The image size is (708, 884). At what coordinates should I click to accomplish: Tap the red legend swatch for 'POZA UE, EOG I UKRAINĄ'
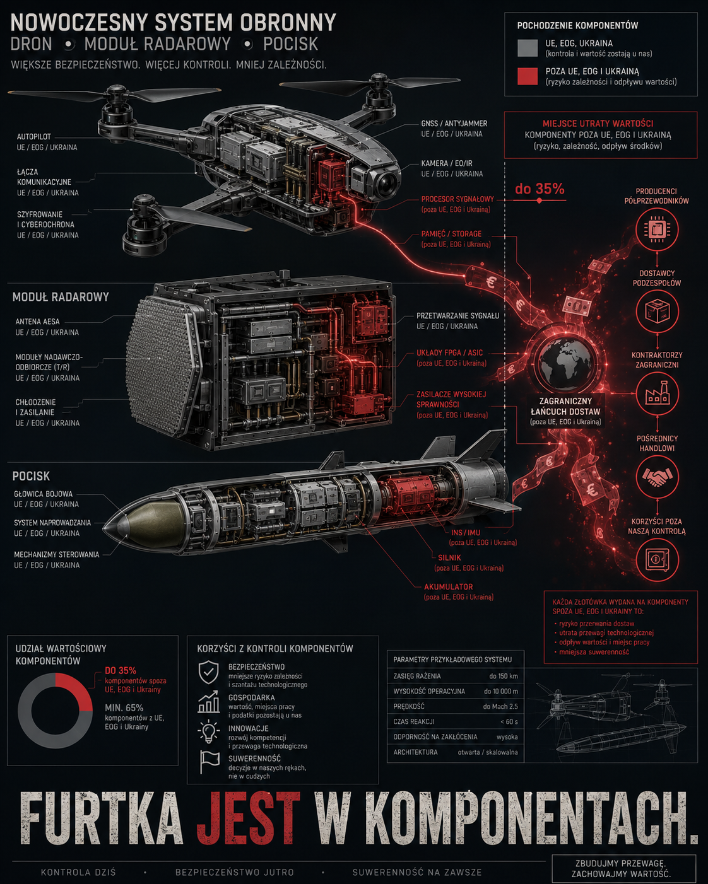[x=527, y=76]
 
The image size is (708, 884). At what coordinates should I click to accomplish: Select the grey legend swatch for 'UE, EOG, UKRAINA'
[x=527, y=48]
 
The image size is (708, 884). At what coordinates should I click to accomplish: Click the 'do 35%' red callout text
[x=540, y=189]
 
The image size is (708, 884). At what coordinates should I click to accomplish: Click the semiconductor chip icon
[x=657, y=230]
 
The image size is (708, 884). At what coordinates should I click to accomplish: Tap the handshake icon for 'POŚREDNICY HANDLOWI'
[x=657, y=477]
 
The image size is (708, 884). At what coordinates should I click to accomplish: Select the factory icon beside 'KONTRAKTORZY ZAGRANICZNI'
[x=657, y=393]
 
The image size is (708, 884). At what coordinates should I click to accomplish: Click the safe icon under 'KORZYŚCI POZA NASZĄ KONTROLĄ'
[x=657, y=559]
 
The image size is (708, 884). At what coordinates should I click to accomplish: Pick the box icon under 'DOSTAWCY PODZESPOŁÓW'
[x=657, y=311]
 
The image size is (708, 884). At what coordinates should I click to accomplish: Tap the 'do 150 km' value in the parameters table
[x=504, y=676]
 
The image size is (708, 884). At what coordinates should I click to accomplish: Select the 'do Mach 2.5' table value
[x=500, y=707]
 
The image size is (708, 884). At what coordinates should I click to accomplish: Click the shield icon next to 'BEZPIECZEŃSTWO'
[x=208, y=672]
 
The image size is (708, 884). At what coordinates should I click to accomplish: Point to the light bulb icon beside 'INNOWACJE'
[x=208, y=731]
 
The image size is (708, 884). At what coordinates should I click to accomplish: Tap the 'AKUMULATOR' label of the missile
[x=448, y=586]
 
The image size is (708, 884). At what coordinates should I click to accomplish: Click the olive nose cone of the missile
[x=144, y=528]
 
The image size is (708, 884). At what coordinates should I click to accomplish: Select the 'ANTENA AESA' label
[x=37, y=322]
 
